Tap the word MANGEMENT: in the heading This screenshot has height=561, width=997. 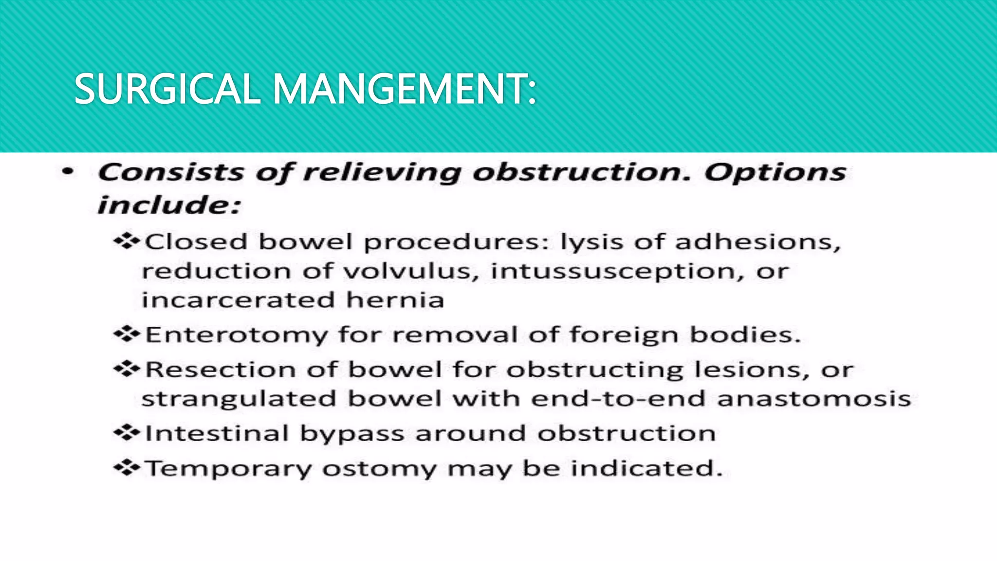click(x=404, y=89)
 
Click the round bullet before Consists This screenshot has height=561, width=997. click(x=68, y=171)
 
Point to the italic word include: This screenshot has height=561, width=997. click(x=169, y=205)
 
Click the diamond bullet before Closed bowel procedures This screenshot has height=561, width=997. click(x=127, y=241)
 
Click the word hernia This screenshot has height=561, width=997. click(x=395, y=300)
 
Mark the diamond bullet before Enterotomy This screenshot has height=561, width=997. click(x=127, y=334)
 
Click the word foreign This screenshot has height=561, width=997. click(x=624, y=336)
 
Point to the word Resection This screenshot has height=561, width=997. click(x=221, y=369)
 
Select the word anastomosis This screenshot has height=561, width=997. click(x=814, y=398)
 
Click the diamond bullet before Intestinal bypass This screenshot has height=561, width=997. click(x=127, y=432)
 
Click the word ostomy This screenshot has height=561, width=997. click(x=380, y=469)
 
